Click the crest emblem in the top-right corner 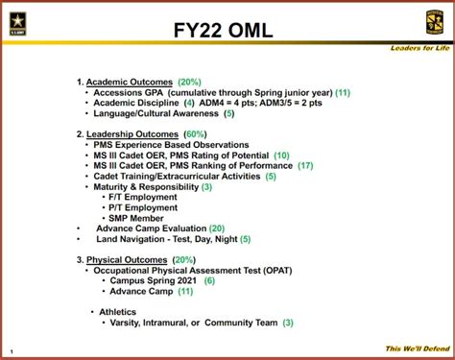coord(433,22)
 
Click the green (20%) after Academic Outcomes coord(189,83)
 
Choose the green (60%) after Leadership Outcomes coord(197,132)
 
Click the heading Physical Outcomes coord(128,260)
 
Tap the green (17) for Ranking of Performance coord(305,165)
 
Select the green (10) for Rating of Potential coord(281,155)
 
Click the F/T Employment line coord(145,197)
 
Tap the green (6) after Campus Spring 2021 coord(209,280)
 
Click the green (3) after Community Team coord(288,323)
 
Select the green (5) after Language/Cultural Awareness coord(228,113)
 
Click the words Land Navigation coord(133,239)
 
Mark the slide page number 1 coord(11,350)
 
